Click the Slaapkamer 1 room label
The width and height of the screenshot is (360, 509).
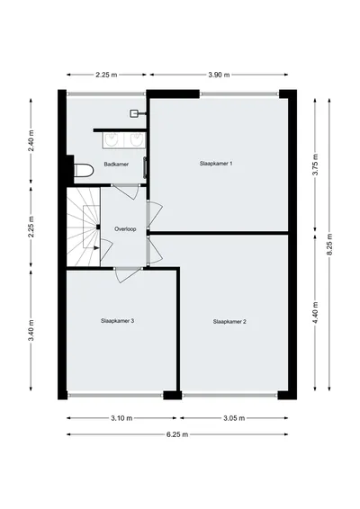(x=216, y=164)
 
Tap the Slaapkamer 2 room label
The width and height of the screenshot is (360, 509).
(x=229, y=322)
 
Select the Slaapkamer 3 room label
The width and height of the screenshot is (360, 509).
(x=117, y=321)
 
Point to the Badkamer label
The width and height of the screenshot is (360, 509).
(x=116, y=165)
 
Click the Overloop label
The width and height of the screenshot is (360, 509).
(x=125, y=229)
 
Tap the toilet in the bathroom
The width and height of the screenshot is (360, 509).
(x=84, y=171)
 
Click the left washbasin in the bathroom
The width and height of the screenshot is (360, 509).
(x=112, y=140)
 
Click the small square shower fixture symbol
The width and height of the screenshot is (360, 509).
(x=134, y=113)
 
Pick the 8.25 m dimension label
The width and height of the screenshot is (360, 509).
(x=329, y=245)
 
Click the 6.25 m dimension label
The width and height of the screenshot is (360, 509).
(x=177, y=434)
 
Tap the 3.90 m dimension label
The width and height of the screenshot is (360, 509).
(x=219, y=75)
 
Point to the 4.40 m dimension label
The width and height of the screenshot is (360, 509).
(x=315, y=313)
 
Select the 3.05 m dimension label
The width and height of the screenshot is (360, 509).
(x=234, y=418)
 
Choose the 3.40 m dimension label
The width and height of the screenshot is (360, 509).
(x=31, y=330)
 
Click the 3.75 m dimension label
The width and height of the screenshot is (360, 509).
(x=315, y=165)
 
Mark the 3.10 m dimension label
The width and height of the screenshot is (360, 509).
(x=121, y=418)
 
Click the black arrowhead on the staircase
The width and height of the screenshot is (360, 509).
(x=96, y=248)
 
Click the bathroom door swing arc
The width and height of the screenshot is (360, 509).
(x=128, y=193)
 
